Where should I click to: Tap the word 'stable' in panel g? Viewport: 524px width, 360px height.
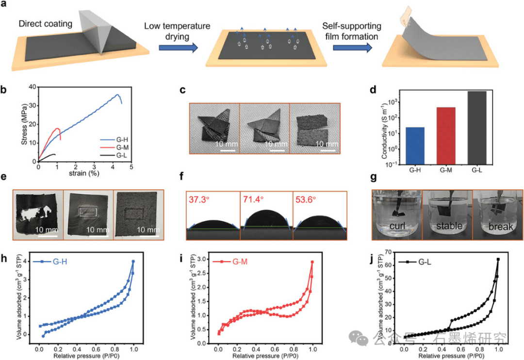[x=446, y=226]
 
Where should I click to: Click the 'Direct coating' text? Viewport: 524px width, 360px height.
[x=46, y=24]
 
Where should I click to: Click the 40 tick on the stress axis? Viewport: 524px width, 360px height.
[x=33, y=87]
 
